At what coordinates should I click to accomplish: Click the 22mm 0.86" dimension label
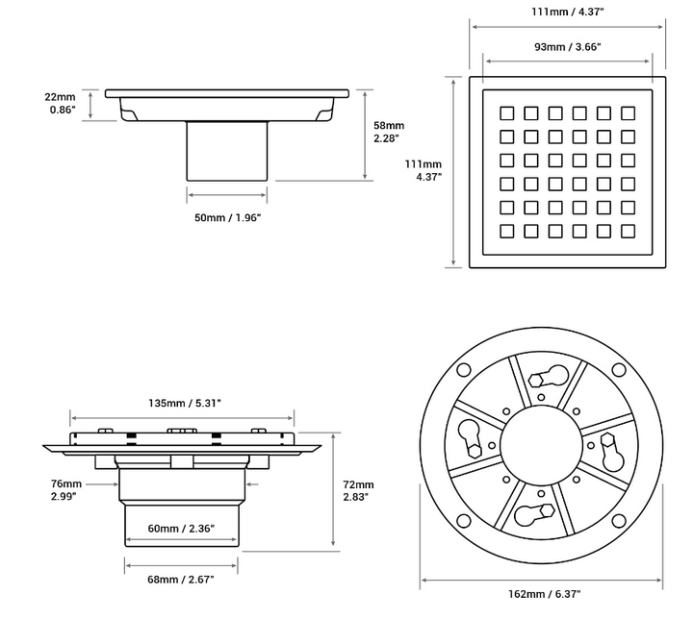click(60, 103)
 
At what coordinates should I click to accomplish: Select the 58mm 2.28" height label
click(389, 133)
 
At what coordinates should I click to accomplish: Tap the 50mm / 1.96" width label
click(228, 218)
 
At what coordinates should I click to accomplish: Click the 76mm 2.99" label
click(66, 490)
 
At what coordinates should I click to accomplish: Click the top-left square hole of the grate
click(506, 112)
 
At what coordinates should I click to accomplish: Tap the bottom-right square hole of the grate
click(628, 231)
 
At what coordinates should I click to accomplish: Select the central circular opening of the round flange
click(541, 445)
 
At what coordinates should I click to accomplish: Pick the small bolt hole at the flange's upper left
click(462, 369)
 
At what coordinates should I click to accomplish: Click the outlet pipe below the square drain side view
click(226, 152)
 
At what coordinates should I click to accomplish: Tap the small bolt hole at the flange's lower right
click(619, 521)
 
